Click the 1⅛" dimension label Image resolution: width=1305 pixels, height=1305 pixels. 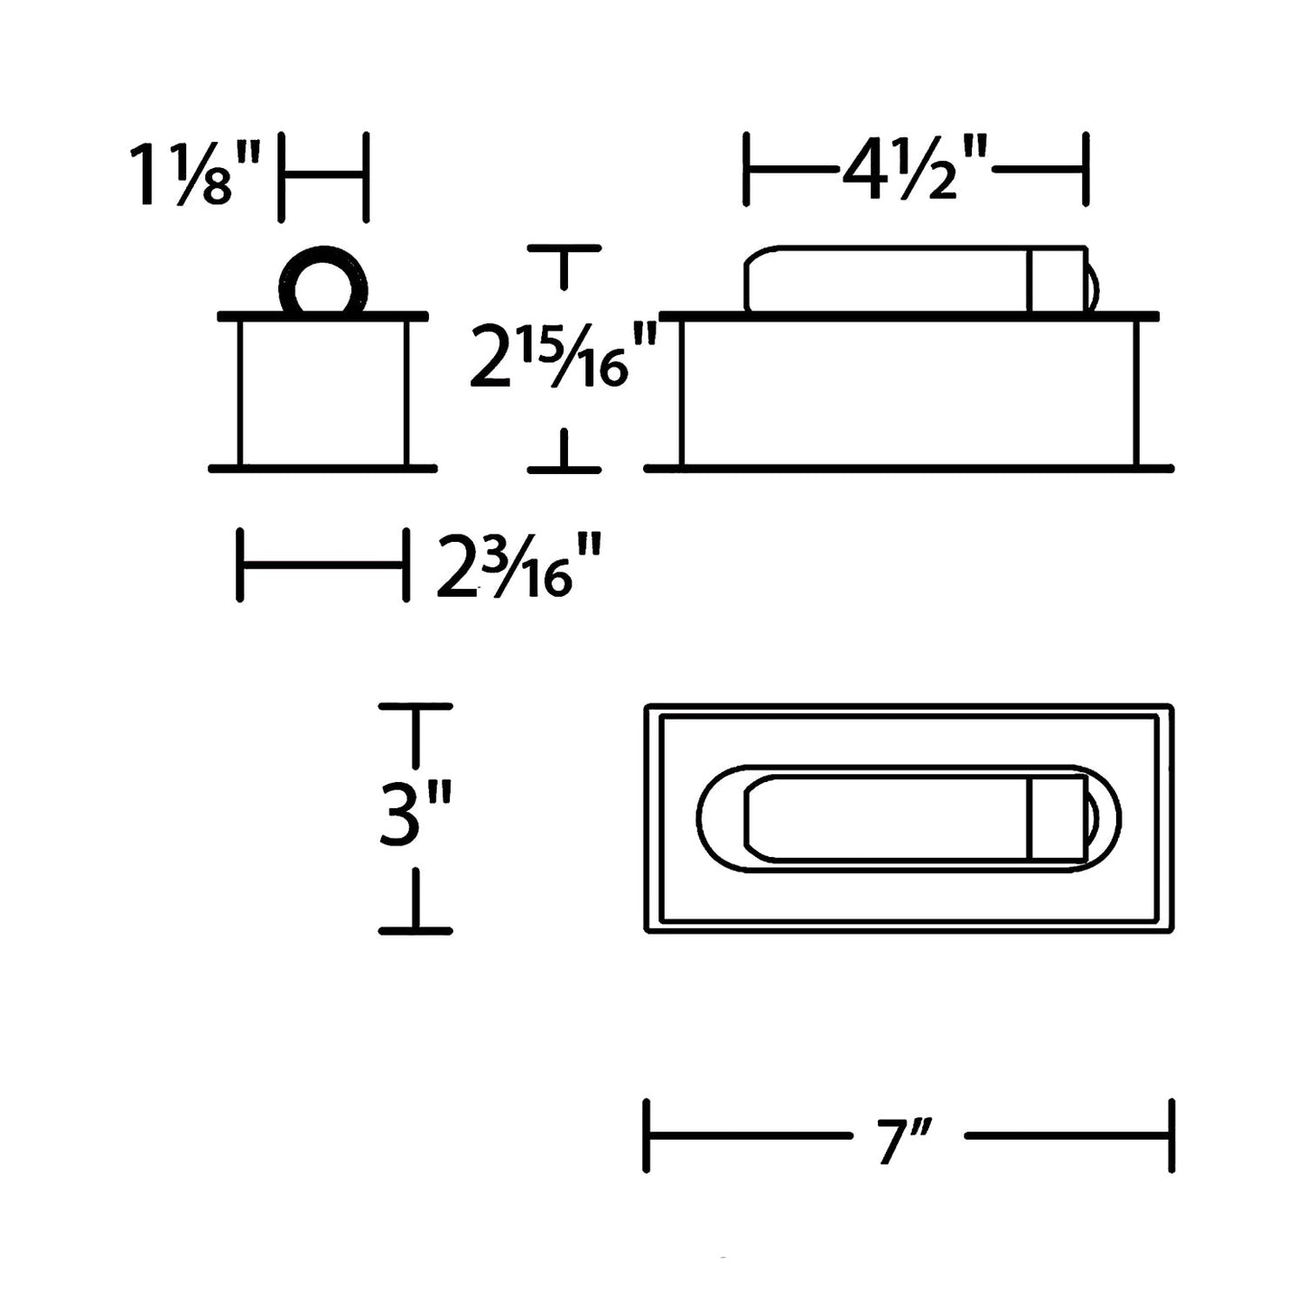pos(194,175)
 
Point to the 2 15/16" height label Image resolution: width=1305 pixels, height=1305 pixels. pos(559,358)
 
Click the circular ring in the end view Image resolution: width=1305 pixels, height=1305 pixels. pos(323,281)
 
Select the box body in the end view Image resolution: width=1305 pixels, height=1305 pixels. pos(323,392)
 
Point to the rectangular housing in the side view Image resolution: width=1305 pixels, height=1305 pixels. pos(909,392)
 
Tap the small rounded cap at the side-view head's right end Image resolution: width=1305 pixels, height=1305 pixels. pos(1093,287)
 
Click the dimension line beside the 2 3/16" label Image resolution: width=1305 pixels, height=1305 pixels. pos(322,565)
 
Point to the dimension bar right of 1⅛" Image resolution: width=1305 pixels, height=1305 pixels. pos(323,176)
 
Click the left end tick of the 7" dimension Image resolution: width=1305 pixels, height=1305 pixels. pos(647,1136)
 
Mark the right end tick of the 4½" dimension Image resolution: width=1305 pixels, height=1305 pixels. pos(1085,169)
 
